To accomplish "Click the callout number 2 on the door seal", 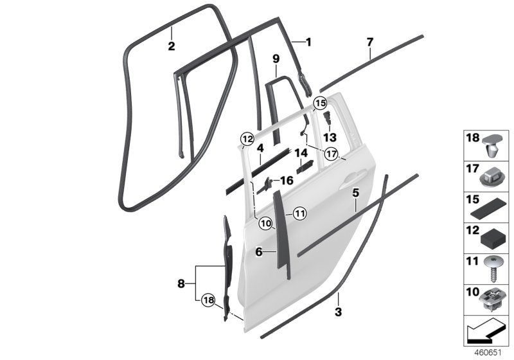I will click(x=171, y=46).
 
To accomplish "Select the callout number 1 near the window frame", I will click(x=308, y=42).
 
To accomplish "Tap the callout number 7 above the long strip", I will click(x=369, y=43).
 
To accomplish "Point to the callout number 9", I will click(x=276, y=59).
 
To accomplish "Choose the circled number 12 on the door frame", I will click(x=247, y=138).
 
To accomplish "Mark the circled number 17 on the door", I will click(x=332, y=154).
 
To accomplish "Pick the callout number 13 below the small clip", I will click(x=330, y=137).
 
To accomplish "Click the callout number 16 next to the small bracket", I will click(x=286, y=181).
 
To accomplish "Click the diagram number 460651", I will click(x=487, y=353).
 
